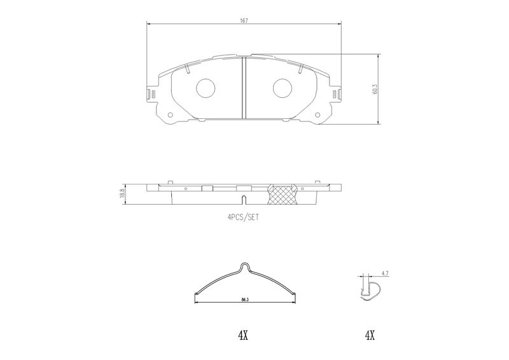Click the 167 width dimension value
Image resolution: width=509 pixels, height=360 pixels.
(x=244, y=20)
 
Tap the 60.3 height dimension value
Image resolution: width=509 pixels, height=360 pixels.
(x=375, y=89)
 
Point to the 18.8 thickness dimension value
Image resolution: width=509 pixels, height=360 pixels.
(x=122, y=193)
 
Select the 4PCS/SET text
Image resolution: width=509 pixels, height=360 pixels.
(x=243, y=217)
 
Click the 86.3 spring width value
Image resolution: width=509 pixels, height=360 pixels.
(x=245, y=300)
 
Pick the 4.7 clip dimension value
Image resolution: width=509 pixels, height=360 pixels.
(x=385, y=273)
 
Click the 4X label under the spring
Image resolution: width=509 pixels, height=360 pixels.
(x=243, y=335)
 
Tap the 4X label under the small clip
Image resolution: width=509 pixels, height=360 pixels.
(x=370, y=335)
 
